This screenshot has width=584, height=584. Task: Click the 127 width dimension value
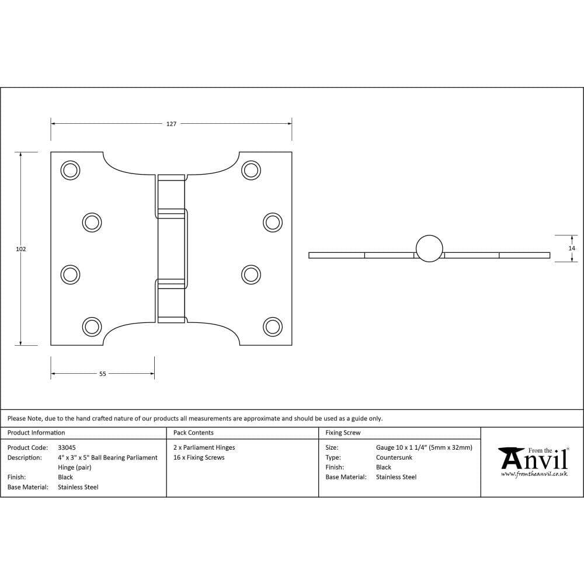pos(171,124)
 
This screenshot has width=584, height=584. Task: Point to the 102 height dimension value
pos(21,249)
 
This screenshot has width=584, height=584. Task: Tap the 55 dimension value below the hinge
pos(103,374)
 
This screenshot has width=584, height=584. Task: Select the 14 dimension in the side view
pos(572,248)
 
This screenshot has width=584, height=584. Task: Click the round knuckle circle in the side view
pos(429,248)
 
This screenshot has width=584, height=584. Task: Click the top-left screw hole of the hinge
pos(70,170)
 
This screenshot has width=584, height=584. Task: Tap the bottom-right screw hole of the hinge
pos(272,326)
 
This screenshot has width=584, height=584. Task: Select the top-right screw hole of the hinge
pos(251,170)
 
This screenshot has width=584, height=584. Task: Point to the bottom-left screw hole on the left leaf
pos(92,326)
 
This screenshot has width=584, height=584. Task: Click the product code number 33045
pos(67,447)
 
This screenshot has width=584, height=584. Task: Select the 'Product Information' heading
pos(36,433)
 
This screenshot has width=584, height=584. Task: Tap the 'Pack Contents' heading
pos(193,433)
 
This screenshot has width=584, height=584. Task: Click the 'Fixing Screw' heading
pos(343,433)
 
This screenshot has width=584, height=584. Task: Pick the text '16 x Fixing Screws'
pos(199,457)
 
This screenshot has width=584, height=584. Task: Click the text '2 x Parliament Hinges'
pos(204,447)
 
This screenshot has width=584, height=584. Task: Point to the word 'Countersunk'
pos(394,457)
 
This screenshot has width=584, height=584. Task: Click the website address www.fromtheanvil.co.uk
pos(534,474)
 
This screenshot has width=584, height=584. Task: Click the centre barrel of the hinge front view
pos(172,248)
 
